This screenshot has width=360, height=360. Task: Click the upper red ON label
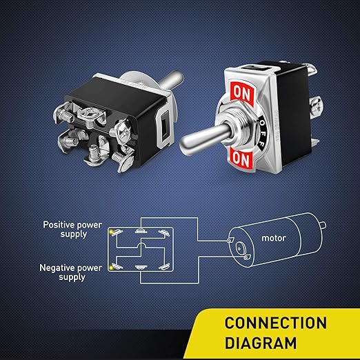242,92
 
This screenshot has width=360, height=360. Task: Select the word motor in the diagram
274,238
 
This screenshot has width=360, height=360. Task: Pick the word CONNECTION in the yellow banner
275,323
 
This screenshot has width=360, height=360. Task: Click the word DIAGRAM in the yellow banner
261,343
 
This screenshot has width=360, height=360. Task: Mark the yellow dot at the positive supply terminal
111,232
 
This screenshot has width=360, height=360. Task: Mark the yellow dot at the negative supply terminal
111,268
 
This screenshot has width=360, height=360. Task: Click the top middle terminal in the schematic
141,230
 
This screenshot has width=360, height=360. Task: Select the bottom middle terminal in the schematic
141,268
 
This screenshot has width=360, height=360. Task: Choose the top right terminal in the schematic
164,232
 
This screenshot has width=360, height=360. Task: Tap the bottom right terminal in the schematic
164,266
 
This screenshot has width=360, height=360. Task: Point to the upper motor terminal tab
230,240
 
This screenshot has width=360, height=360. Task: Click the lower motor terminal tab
247,257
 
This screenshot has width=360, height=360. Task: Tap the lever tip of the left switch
177,77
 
